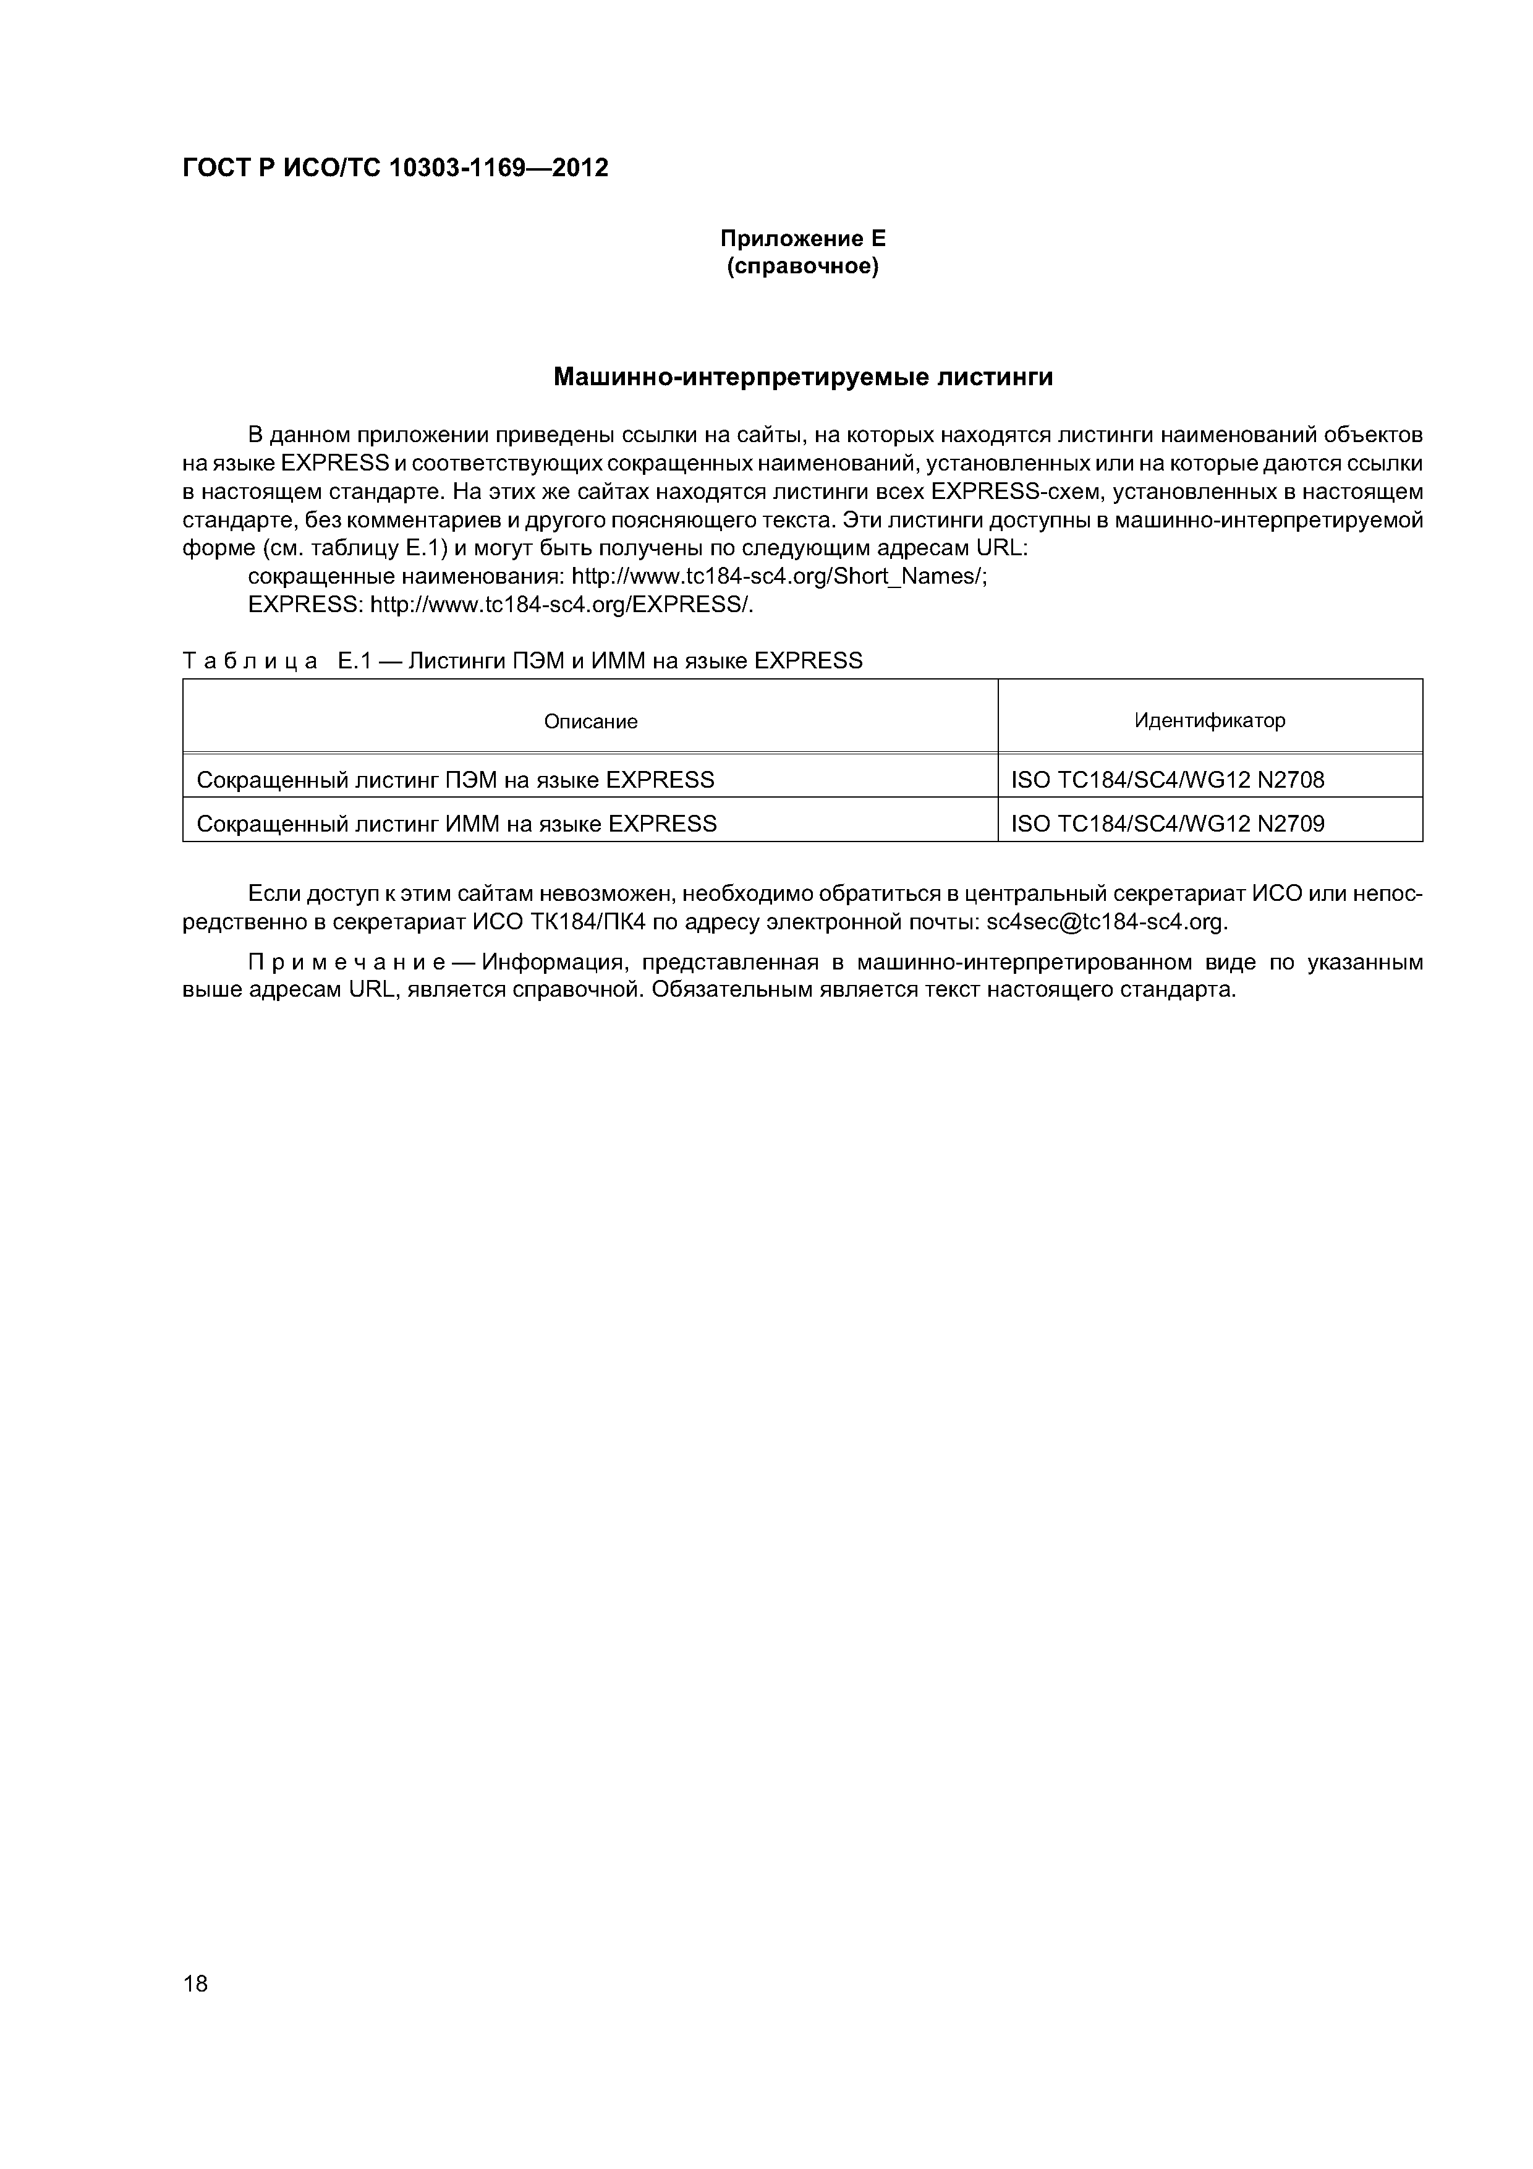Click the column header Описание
[x=590, y=722]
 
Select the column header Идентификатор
[x=1209, y=721]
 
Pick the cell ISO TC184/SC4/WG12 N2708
[x=1168, y=780]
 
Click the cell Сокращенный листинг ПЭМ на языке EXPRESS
[x=456, y=780]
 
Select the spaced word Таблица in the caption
[x=250, y=662]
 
